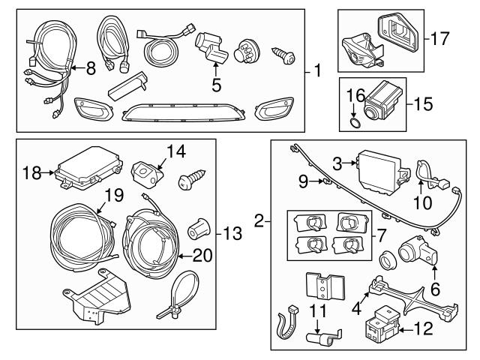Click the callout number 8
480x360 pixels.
coord(91,70)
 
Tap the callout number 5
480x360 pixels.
coord(216,85)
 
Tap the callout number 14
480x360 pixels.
coord(175,151)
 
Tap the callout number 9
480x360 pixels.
coord(304,180)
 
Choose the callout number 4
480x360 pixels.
coord(358,307)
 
